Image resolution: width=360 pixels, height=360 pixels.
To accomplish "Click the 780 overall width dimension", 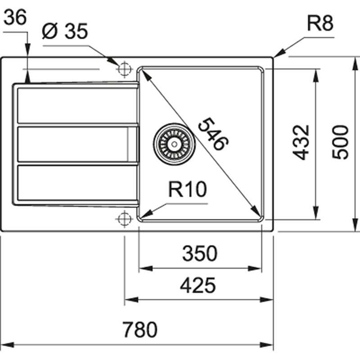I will tap(141, 330).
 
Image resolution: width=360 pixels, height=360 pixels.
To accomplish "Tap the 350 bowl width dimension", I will tap(199, 254).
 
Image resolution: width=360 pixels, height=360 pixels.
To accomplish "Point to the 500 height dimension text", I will tap(341, 142).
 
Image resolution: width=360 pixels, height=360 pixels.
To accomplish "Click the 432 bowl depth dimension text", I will tap(301, 142).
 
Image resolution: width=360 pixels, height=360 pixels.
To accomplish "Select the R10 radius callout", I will tap(187, 190).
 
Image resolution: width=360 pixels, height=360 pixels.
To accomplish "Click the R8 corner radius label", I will tap(320, 23).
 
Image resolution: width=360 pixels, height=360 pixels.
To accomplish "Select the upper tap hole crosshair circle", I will tap(123, 69).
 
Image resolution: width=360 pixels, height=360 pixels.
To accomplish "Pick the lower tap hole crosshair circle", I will tap(123, 219).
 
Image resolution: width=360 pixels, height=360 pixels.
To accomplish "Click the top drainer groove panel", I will tap(76, 105).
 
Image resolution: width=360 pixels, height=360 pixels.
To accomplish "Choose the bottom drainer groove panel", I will tap(76, 182).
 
